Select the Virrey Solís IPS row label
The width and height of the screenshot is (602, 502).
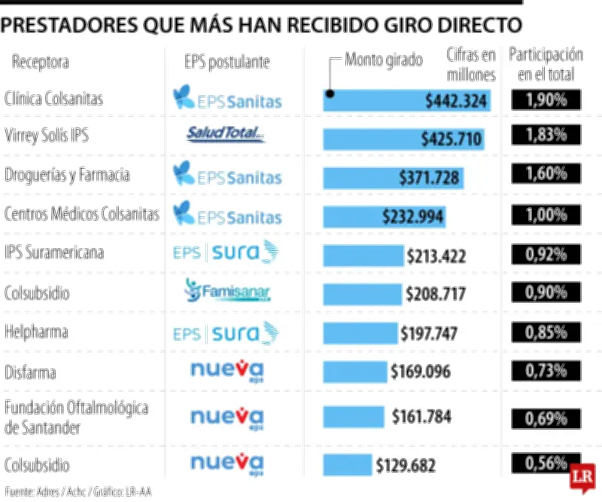point(47,136)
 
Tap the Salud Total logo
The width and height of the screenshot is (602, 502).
point(226,135)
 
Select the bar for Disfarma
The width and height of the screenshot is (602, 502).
point(354,370)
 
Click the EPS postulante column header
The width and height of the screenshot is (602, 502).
point(227,62)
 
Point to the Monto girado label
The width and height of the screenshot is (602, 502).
point(384,60)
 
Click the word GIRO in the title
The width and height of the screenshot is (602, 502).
point(369,25)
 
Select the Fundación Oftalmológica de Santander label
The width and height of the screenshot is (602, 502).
point(65,418)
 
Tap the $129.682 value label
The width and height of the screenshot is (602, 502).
point(406,465)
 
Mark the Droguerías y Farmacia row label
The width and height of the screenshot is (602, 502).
point(67,175)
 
